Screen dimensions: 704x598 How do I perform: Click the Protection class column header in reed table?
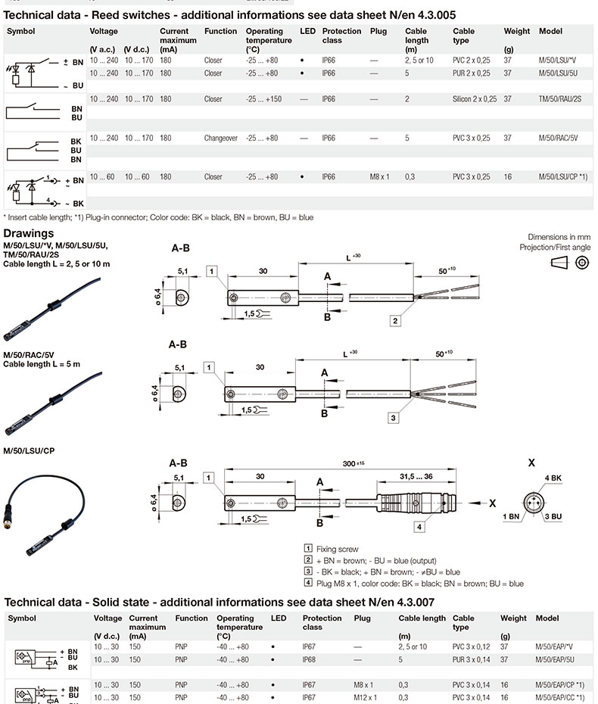pyautogui.click(x=341, y=36)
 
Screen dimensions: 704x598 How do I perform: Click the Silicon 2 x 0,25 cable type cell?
pyautogui.click(x=475, y=99)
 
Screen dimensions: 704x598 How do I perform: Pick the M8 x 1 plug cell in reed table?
pyautogui.click(x=379, y=177)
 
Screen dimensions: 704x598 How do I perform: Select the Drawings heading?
pyautogui.click(x=29, y=233)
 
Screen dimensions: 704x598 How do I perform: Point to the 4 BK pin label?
pyautogui.click(x=553, y=478)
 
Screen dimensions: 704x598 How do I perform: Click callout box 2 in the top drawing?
pyautogui.click(x=395, y=320)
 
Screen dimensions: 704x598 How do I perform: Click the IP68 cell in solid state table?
pyautogui.click(x=309, y=659)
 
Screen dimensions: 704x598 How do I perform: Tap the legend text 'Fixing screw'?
pyautogui.click(x=337, y=550)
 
